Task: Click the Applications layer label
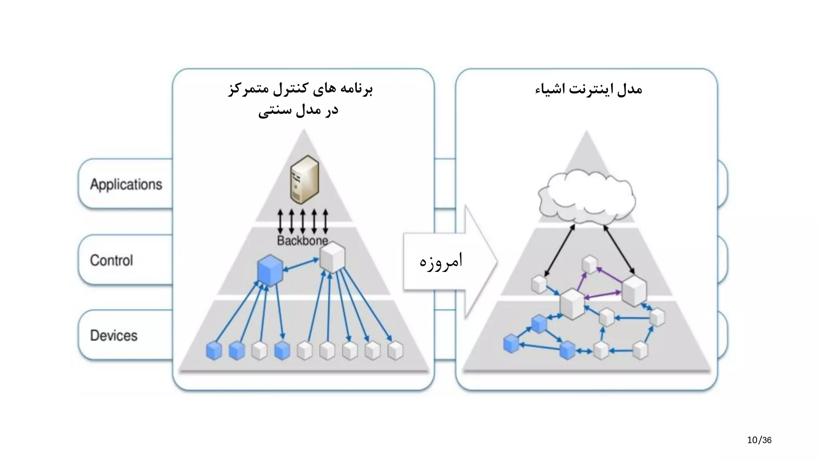coord(126,184)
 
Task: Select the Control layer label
coord(111,261)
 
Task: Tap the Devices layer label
coord(114,336)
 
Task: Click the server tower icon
coord(304,180)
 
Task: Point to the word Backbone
coord(302,241)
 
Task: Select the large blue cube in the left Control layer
coord(270,270)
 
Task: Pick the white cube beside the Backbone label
coord(333,257)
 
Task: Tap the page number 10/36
coord(759,440)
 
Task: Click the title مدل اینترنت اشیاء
coord(589,89)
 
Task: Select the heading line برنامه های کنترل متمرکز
coord(300,89)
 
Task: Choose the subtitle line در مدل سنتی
coord(298,110)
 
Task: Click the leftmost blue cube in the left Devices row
coord(214,351)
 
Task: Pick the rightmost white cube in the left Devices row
coord(396,351)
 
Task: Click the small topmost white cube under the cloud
coord(589,265)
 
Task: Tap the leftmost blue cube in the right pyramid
coord(511,343)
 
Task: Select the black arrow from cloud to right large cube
coord(619,249)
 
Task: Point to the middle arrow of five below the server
coord(303,221)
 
